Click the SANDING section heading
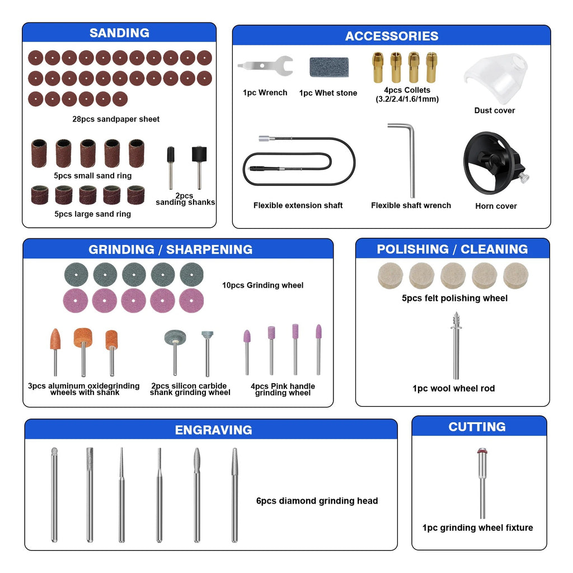tap(120, 33)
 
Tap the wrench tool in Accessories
tap(265, 66)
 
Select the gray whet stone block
tap(329, 67)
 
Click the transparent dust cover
tap(496, 78)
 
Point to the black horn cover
tap(494, 163)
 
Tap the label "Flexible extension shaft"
tap(298, 205)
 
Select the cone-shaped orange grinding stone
tap(55, 339)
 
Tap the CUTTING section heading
tap(477, 427)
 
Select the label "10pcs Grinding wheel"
tap(263, 285)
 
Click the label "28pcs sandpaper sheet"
tap(116, 119)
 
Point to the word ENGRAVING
tap(213, 430)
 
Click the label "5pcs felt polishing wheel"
tap(454, 298)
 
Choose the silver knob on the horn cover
tap(523, 177)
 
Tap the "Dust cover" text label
tap(495, 110)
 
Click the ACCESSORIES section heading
tap(392, 36)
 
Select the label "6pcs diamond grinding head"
tap(317, 501)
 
